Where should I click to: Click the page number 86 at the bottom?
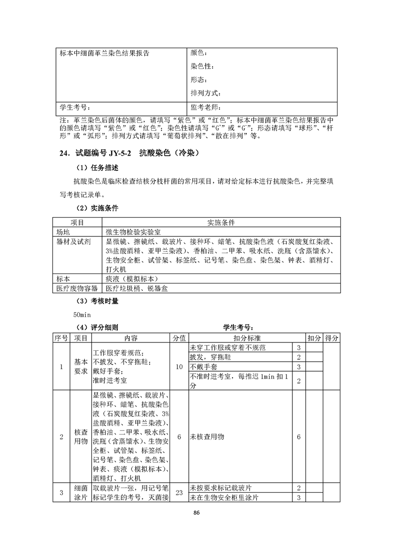click(196, 512)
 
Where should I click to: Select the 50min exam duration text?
click(82, 314)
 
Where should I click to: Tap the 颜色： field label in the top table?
click(199, 53)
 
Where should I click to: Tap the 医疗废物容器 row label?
click(77, 288)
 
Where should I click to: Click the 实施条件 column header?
click(221, 222)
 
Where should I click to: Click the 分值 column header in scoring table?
click(179, 338)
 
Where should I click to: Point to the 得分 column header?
click(331, 338)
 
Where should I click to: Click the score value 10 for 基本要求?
click(179, 367)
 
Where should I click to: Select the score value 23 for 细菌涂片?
click(179, 493)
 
